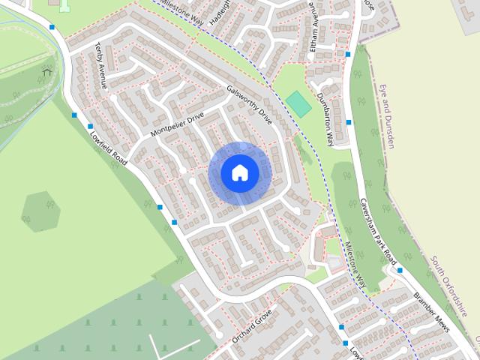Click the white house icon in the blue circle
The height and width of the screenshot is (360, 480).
point(239,172)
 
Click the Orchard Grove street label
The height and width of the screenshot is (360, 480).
point(250,326)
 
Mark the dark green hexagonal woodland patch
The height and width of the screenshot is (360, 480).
point(41,211)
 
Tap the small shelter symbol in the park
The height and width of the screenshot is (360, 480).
point(47,72)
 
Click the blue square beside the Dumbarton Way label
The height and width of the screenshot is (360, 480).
point(349,122)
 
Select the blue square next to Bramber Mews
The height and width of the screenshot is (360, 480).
point(400,270)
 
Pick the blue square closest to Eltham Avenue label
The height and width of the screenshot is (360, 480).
point(348,54)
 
